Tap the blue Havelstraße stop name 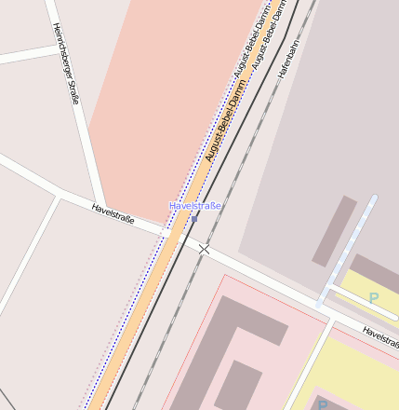pos(195,205)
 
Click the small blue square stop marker pos(194,219)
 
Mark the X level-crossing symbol pos(205,249)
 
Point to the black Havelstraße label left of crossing pos(113,214)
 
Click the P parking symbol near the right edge pos(374,298)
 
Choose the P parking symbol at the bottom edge pos(323,404)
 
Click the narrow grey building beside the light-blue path pos(334,230)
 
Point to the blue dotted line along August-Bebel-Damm pos(140,317)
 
